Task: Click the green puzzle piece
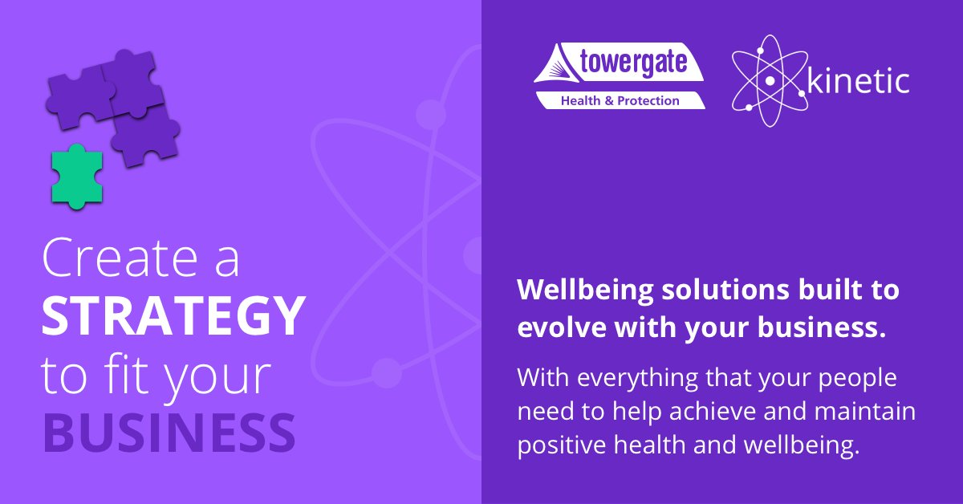[x=76, y=177]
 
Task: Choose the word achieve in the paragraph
[x=704, y=412]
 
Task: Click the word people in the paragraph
[x=849, y=377]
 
